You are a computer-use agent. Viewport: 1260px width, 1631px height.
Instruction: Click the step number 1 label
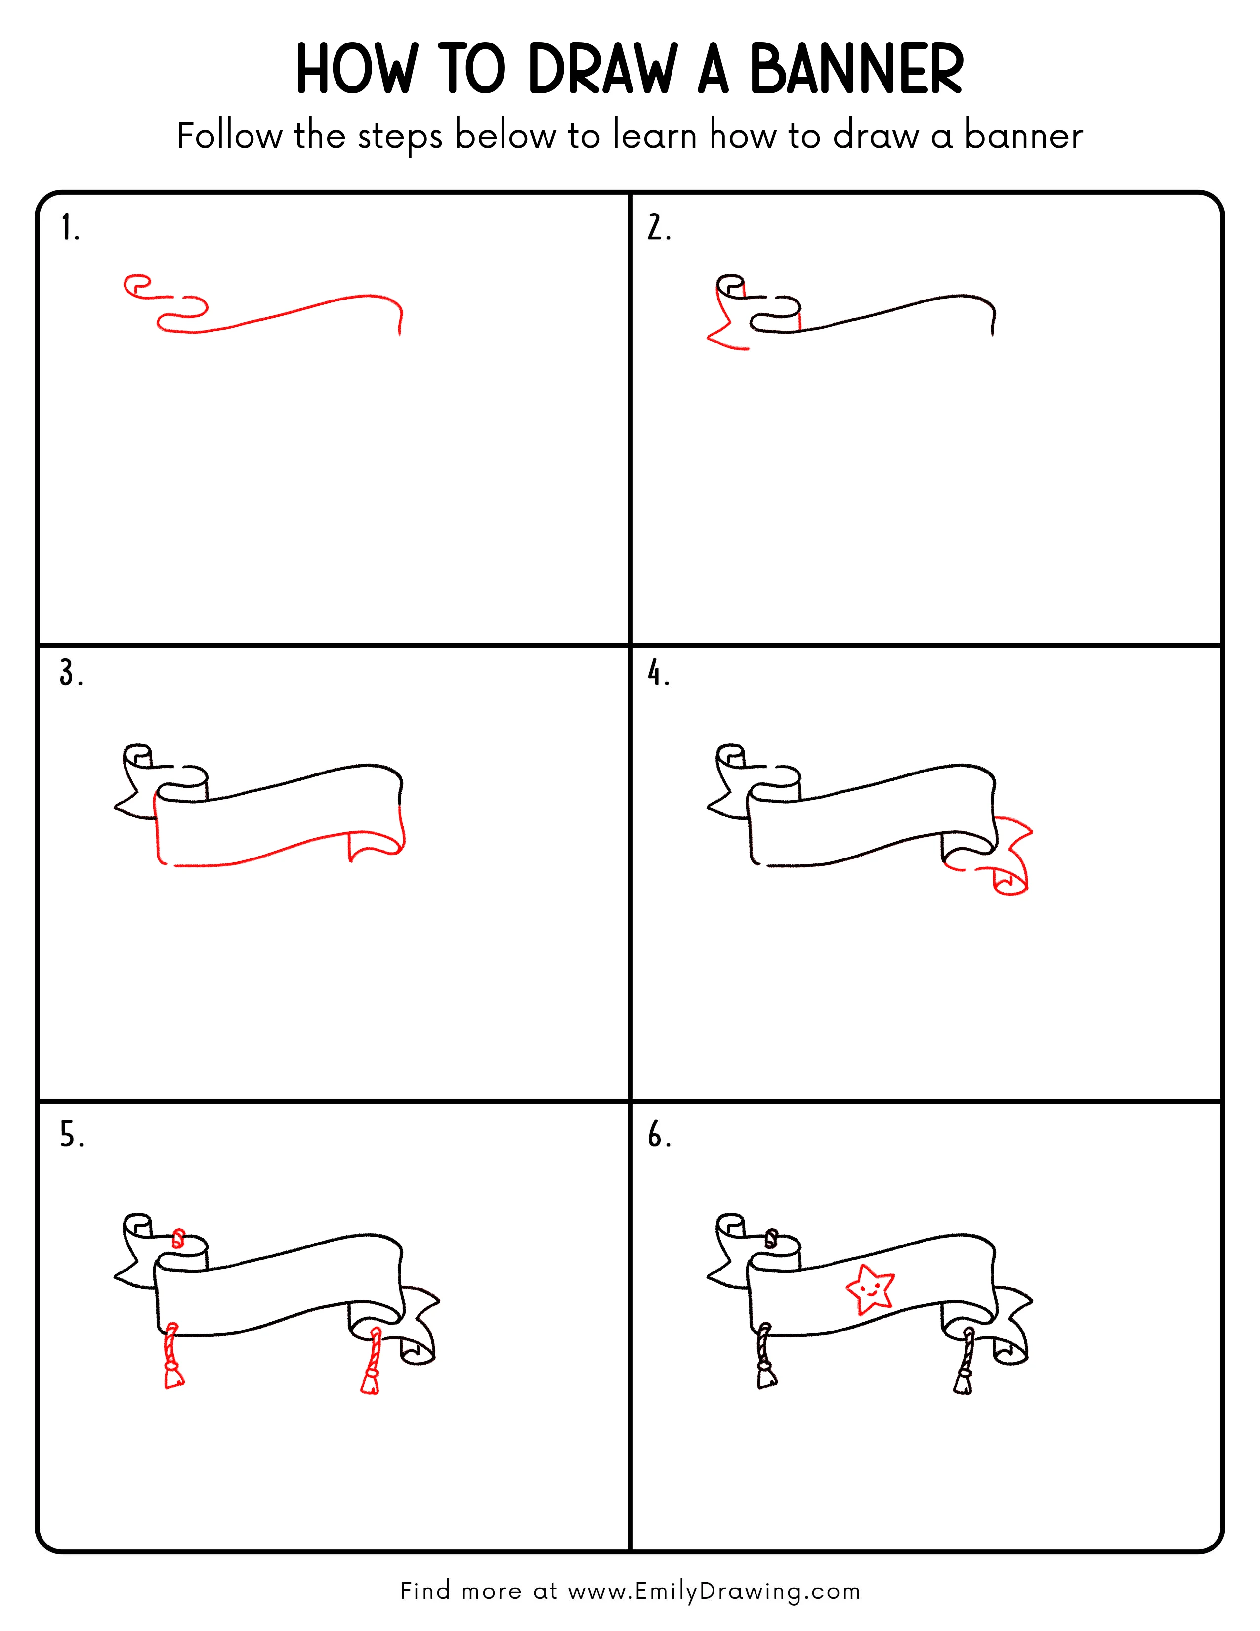pos(69,228)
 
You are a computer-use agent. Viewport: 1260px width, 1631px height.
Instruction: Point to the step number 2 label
pos(658,228)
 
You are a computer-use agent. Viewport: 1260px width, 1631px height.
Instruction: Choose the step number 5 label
pos(71,1135)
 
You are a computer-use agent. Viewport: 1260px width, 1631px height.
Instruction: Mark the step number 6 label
pos(658,1135)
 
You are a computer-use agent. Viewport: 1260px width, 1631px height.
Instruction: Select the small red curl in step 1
pos(136,286)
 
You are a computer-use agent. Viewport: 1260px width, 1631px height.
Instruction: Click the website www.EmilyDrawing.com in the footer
pos(714,1590)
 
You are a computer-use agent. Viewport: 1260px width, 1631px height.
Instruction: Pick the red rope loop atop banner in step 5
pos(178,1238)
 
